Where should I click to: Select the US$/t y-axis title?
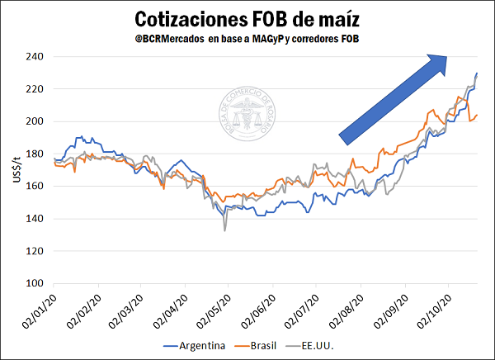coord(16,170)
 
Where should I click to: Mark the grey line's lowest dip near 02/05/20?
coord(224,230)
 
